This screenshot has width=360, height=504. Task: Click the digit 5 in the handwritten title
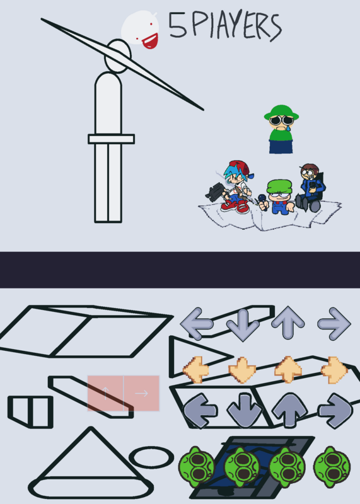click(x=177, y=25)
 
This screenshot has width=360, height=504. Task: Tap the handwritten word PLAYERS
click(x=237, y=26)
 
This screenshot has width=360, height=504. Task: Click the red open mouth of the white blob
click(x=150, y=41)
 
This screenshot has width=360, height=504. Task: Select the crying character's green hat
click(x=281, y=112)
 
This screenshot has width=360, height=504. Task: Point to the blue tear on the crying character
click(x=289, y=128)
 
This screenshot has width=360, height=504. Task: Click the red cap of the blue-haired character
click(x=241, y=167)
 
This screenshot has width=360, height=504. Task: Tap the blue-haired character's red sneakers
click(x=236, y=206)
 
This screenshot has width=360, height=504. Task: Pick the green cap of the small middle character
click(x=279, y=186)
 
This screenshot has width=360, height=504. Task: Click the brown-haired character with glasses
click(x=310, y=188)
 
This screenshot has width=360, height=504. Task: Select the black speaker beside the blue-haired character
click(x=215, y=192)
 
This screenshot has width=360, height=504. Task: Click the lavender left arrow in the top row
click(x=197, y=324)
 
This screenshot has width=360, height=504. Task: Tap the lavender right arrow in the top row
click(x=334, y=324)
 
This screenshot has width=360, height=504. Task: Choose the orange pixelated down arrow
click(x=242, y=370)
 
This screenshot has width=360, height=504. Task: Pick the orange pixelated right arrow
click(x=334, y=370)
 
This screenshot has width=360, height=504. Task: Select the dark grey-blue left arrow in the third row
click(x=200, y=411)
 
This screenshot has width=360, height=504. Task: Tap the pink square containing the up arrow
click(x=105, y=393)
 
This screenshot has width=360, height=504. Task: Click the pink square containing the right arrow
click(x=142, y=393)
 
